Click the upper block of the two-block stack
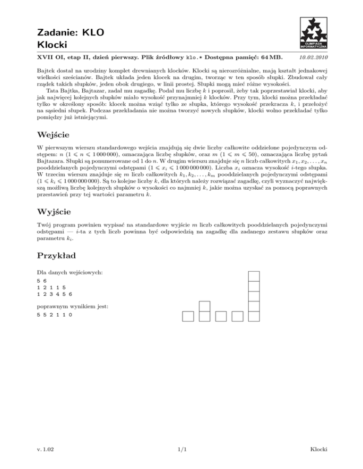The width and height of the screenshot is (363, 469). [205, 306]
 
